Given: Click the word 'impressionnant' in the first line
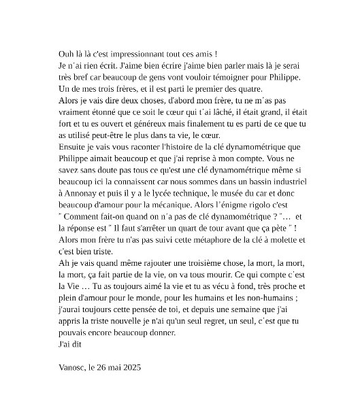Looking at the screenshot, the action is (x=137, y=54).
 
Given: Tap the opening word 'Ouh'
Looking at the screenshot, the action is (x=68, y=54).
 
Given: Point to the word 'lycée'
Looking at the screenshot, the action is (x=147, y=192).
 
